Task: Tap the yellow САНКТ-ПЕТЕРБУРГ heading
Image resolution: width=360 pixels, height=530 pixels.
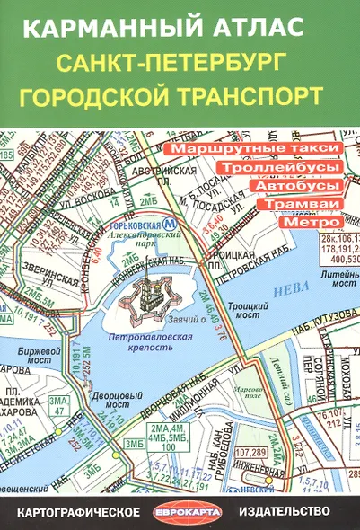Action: [x=180, y=63]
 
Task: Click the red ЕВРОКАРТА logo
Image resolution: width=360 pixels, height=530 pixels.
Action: [x=180, y=511]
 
